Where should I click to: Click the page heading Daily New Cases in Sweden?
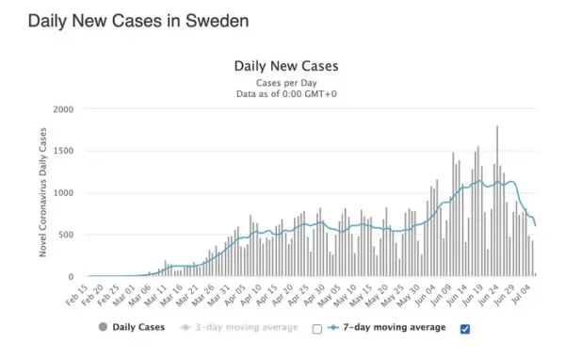pyautogui.click(x=138, y=21)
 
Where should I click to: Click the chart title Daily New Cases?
pyautogui.click(x=286, y=66)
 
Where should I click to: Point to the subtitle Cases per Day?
pyautogui.click(x=286, y=83)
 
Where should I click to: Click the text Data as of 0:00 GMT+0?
pyautogui.click(x=286, y=94)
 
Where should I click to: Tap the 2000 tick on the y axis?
pyautogui.click(x=63, y=109)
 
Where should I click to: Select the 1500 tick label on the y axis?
pyautogui.click(x=63, y=151)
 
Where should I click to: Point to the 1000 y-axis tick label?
pyautogui.click(x=63, y=193)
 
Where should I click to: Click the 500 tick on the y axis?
pyautogui.click(x=66, y=235)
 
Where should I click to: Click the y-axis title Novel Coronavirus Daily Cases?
pyautogui.click(x=43, y=192)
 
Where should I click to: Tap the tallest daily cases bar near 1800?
pyautogui.click(x=497, y=201)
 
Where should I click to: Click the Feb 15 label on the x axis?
pyautogui.click(x=77, y=296)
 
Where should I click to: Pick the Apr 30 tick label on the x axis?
pyautogui.click(x=315, y=296)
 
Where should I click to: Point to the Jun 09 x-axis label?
pyautogui.click(x=441, y=296)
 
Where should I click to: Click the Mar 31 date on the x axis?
pyautogui.click(x=219, y=296)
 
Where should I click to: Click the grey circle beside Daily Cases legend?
pyautogui.click(x=103, y=327)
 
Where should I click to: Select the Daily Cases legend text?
pyautogui.click(x=138, y=327)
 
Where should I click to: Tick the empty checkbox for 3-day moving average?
pyautogui.click(x=317, y=329)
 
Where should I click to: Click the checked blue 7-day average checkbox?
pyautogui.click(x=465, y=329)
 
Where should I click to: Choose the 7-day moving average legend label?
pyautogui.click(x=395, y=327)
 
